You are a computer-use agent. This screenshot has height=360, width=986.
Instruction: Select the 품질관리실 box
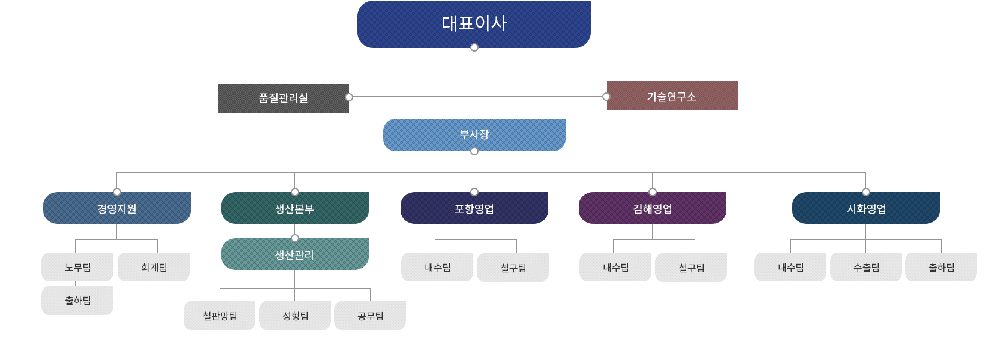click(x=283, y=98)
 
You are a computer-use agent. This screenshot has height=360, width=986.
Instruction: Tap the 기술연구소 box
click(x=672, y=96)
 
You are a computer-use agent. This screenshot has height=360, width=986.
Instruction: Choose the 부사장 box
click(x=474, y=135)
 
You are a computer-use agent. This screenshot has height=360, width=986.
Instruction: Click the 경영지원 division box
click(x=117, y=208)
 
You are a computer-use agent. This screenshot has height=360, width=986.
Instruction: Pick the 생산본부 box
click(x=294, y=208)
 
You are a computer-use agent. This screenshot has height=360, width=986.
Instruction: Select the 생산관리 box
click(x=294, y=254)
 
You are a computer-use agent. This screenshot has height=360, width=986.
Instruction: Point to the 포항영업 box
click(x=474, y=208)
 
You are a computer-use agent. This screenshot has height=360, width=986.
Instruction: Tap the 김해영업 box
click(x=652, y=208)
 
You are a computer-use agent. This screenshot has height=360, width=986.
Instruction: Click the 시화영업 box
click(x=865, y=208)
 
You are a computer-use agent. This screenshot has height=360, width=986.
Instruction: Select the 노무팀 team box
click(x=77, y=267)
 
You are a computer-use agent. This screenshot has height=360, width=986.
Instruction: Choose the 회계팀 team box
click(x=154, y=267)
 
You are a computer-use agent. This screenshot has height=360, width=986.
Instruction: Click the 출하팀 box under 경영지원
click(x=77, y=301)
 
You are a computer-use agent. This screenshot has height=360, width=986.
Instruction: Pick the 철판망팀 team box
click(x=220, y=316)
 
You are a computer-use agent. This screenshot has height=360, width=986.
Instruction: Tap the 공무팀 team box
click(x=370, y=316)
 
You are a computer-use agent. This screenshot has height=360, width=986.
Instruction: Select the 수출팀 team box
click(x=866, y=267)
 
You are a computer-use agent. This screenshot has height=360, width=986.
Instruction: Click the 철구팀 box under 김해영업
click(x=691, y=268)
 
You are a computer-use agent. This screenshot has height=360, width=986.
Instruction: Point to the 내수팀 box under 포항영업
click(x=437, y=267)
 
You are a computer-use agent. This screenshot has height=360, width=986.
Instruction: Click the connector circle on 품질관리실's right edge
click(x=349, y=97)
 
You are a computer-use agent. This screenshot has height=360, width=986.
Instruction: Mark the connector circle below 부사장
click(x=474, y=151)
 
